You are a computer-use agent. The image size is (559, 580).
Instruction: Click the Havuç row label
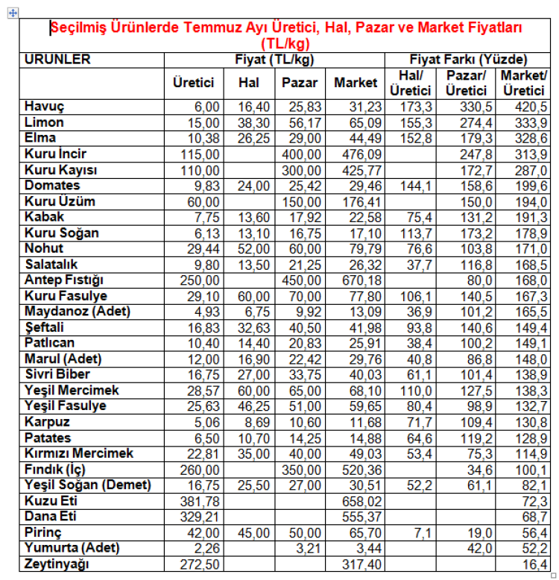[x=45, y=107]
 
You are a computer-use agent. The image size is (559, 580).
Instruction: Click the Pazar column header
[x=300, y=83]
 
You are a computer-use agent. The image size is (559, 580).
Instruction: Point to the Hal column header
[x=248, y=83]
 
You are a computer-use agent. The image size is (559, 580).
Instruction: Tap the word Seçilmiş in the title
[x=78, y=28]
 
